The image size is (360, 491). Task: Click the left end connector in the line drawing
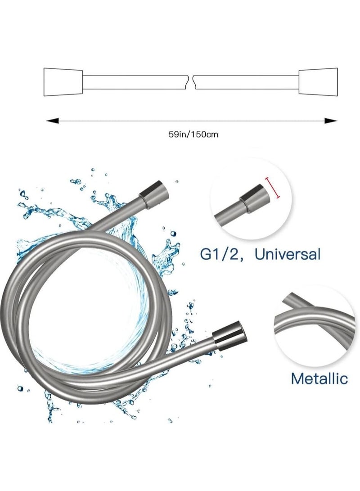pyautogui.click(x=63, y=82)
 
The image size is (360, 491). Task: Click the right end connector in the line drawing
pyautogui.click(x=318, y=82)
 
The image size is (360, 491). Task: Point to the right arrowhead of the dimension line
pyautogui.click(x=331, y=121)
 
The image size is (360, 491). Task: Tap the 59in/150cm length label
pyautogui.click(x=193, y=135)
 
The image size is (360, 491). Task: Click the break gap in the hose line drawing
pyautogui.click(x=192, y=82)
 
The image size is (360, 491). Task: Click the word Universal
pyautogui.click(x=288, y=254)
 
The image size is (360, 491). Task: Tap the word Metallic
pyautogui.click(x=319, y=378)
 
